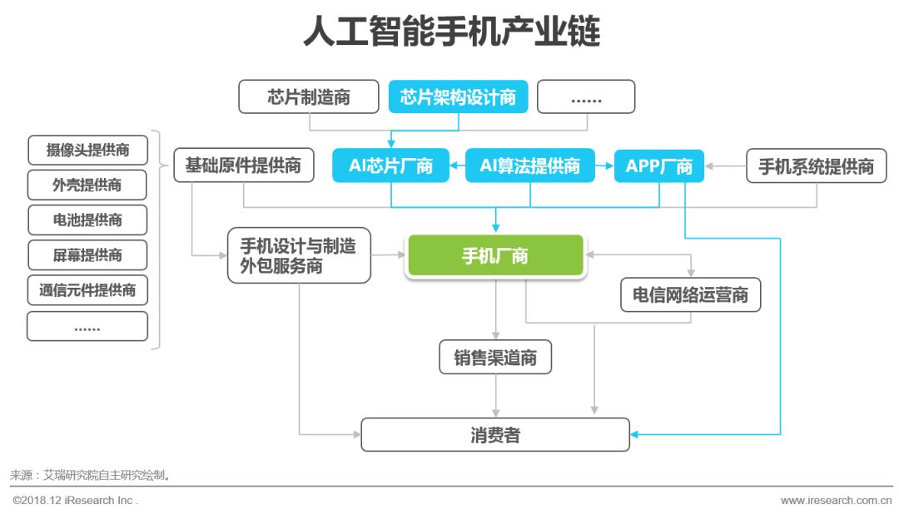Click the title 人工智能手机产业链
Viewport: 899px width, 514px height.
[450, 32]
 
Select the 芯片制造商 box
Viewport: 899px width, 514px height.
[309, 96]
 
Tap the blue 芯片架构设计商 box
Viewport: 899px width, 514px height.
[458, 96]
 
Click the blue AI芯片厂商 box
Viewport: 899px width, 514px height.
[390, 166]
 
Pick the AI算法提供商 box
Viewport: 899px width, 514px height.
[529, 166]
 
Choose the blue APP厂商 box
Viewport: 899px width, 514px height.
[658, 166]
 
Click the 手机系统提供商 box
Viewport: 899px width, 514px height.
[816, 166]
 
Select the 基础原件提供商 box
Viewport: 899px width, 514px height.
[243, 166]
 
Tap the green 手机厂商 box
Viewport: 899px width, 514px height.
[494, 255]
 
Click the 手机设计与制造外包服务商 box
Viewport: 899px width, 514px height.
[299, 256]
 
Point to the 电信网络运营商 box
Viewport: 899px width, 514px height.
[690, 294]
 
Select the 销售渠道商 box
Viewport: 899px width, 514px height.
[495, 358]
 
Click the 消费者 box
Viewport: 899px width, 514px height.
[495, 434]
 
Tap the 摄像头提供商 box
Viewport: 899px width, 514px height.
[87, 151]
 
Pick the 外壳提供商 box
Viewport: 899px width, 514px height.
[87, 185]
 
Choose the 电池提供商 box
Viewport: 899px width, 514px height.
[87, 220]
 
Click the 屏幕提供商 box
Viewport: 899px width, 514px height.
[87, 255]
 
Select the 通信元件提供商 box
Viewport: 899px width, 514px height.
[87, 290]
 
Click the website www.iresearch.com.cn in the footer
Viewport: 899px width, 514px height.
[835, 501]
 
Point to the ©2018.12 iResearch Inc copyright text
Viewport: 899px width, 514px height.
[74, 501]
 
